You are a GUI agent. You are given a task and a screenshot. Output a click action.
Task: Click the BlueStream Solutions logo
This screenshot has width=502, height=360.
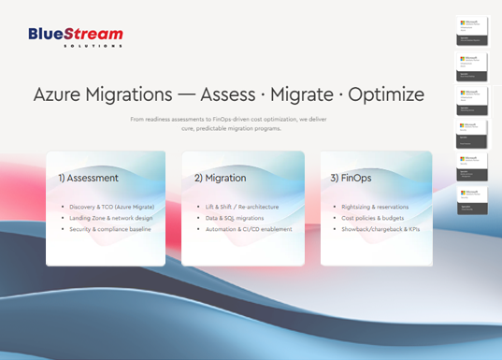point(76,36)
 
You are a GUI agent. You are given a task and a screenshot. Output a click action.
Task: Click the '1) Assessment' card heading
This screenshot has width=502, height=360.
point(87,177)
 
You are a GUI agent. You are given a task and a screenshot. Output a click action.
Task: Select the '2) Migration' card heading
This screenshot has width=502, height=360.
point(221,177)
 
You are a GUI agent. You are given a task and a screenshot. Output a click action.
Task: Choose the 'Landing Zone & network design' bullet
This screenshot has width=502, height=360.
point(108,217)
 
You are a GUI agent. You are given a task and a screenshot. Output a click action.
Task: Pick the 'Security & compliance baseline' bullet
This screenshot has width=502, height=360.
point(108,229)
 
